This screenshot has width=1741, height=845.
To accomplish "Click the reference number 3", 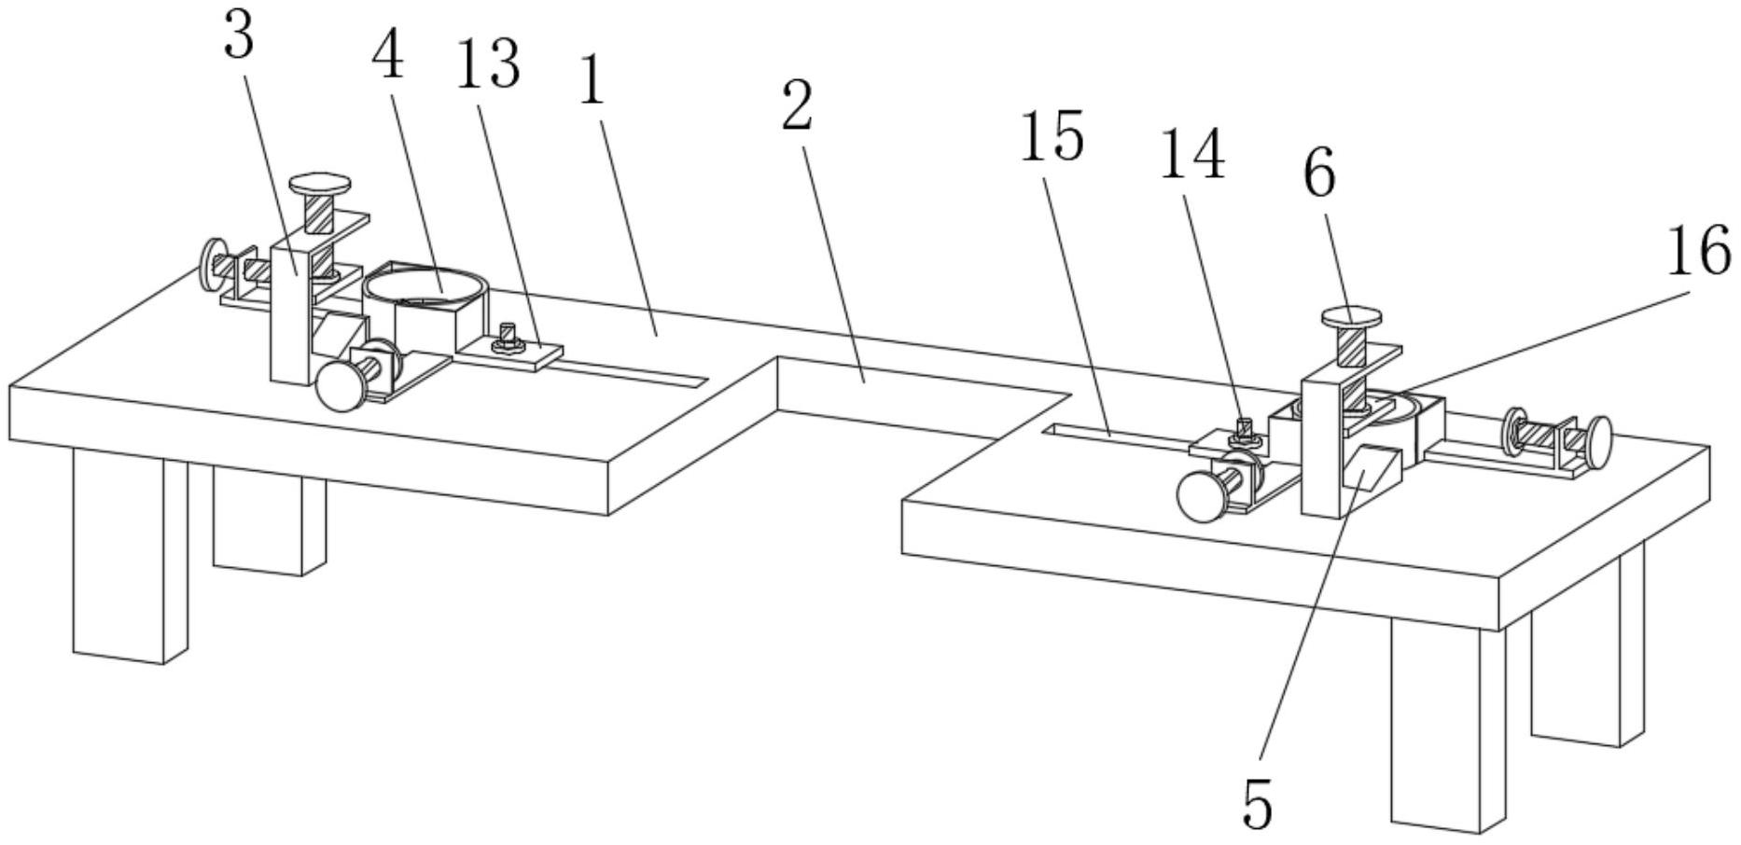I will coord(240,37).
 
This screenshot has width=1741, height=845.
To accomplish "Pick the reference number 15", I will coord(1052,136).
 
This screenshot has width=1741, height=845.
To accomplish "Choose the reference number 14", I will coord(1191,154).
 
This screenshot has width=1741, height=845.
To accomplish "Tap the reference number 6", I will coord(1319,173).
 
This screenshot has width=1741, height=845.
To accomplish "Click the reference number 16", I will coord(1698,251).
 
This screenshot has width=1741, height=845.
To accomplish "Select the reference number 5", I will coord(1258,804).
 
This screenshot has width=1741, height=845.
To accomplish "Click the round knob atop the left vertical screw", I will coord(318,182).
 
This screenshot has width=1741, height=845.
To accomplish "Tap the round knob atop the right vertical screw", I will coord(1350,318).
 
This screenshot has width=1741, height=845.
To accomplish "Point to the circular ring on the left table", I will coord(425,284).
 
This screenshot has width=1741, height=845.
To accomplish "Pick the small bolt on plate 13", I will coord(507,337).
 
